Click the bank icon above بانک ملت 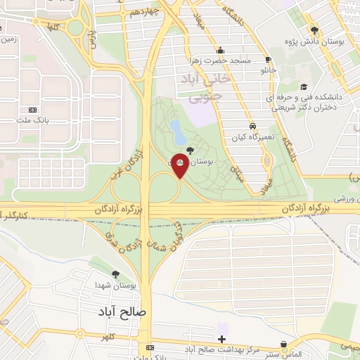[x=32, y=110]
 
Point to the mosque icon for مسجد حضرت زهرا [x=220, y=50]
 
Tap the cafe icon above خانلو [x=268, y=60]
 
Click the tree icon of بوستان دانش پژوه [x=314, y=30]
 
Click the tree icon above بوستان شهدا [x=115, y=274]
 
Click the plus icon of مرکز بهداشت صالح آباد [x=222, y=340]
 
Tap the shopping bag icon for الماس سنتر [x=283, y=345]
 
